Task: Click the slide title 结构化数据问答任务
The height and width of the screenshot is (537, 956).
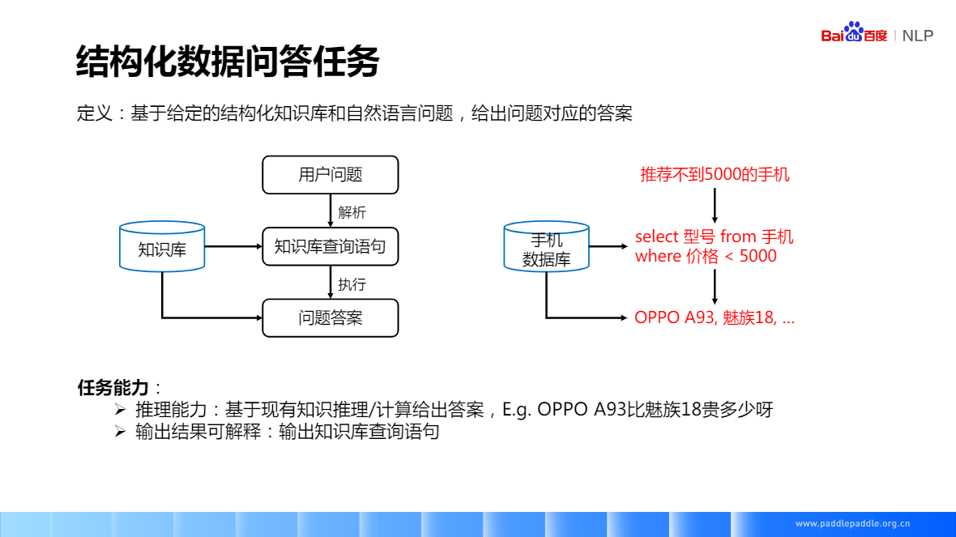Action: (x=228, y=62)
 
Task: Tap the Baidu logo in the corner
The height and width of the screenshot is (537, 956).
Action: (x=854, y=33)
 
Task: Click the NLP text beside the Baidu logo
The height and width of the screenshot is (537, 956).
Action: (x=918, y=36)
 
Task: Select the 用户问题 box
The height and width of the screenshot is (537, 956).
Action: (x=331, y=175)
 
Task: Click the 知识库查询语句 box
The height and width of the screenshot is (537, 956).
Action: (x=331, y=246)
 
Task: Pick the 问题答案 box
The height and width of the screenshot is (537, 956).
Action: (x=331, y=318)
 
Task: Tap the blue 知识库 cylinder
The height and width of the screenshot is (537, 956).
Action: (x=162, y=247)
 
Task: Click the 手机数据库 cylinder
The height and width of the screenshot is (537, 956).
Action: (x=547, y=247)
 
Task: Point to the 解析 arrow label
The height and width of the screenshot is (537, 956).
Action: (x=352, y=212)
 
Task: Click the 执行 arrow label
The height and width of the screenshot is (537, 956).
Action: (x=352, y=284)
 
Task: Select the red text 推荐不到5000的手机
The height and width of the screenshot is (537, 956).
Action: (x=715, y=174)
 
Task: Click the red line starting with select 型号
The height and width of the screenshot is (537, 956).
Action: (x=714, y=237)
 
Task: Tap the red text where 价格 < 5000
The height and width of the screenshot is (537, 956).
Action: (x=706, y=256)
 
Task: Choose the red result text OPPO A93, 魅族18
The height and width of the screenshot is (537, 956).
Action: (x=714, y=318)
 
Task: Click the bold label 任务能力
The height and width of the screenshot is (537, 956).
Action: (x=113, y=387)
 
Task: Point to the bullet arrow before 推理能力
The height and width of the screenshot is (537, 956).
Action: (x=121, y=409)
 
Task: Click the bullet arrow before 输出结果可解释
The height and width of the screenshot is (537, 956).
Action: (x=121, y=432)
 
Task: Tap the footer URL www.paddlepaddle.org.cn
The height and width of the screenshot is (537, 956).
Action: (x=853, y=523)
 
